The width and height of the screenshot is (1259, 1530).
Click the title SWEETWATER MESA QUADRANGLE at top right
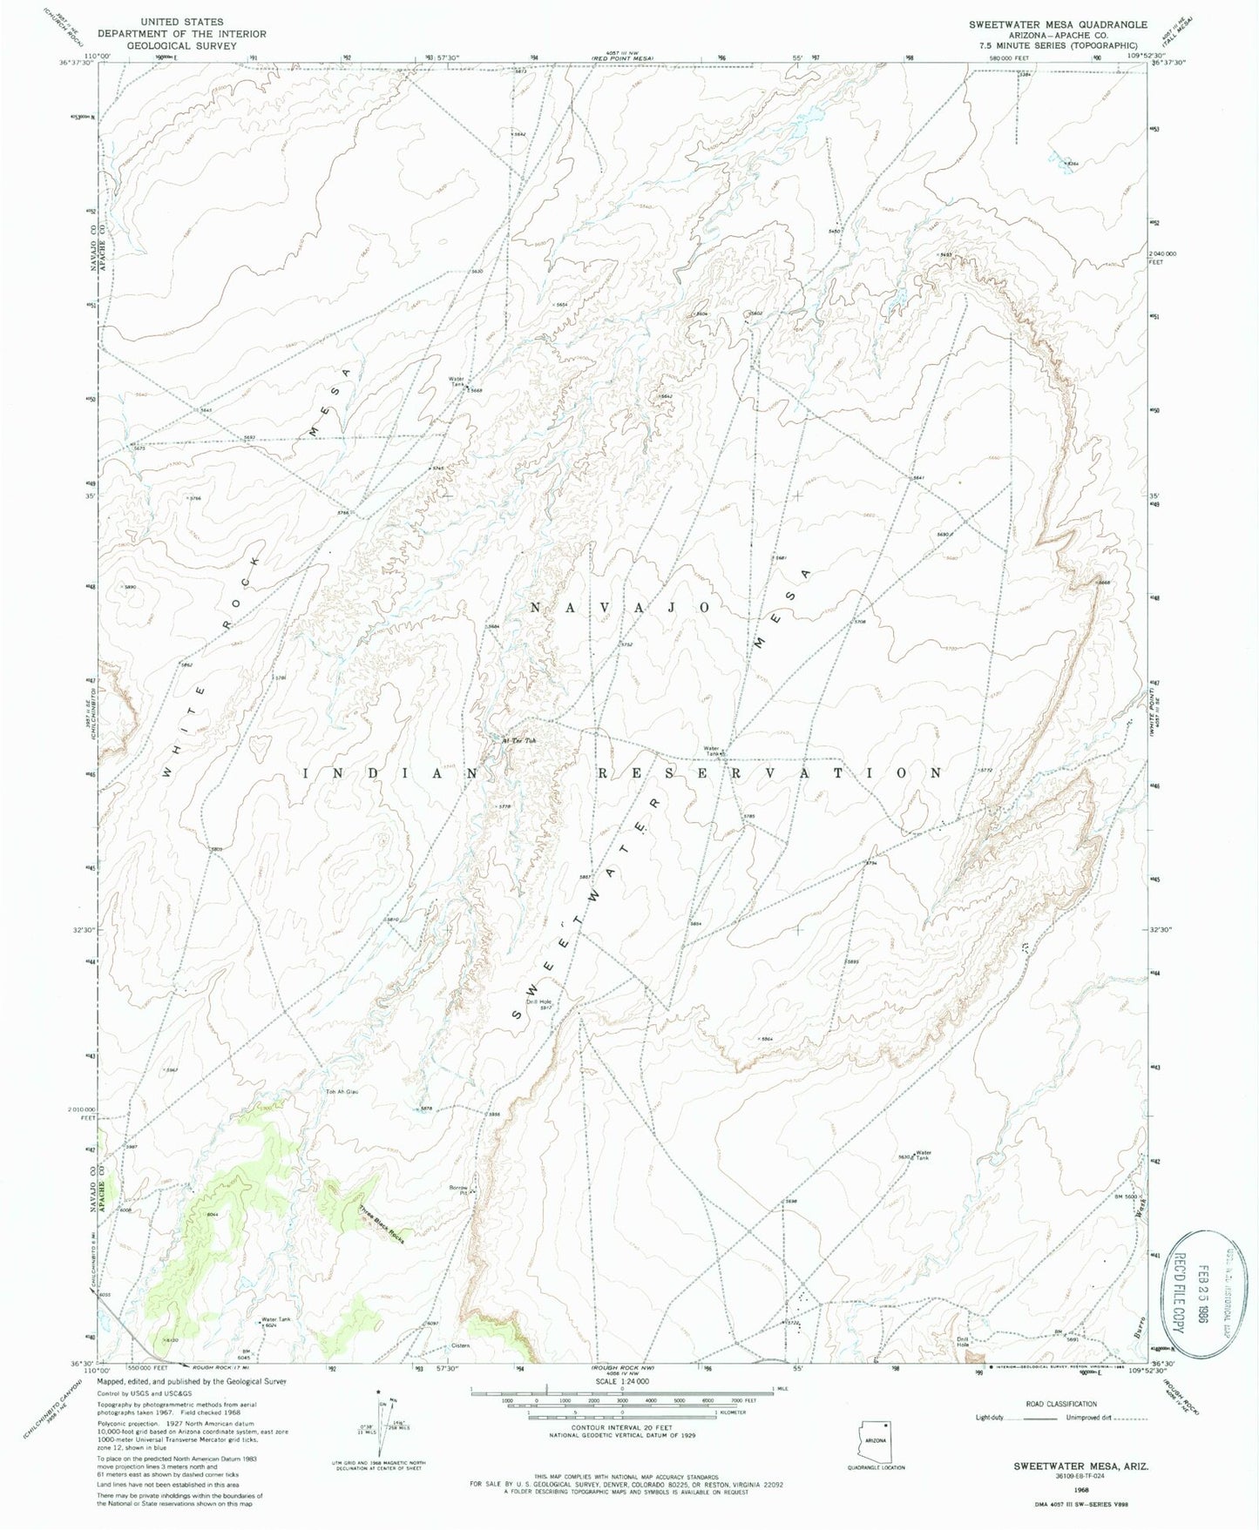1058,24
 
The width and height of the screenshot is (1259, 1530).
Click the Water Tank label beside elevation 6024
275,1319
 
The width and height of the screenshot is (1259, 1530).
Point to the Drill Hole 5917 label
539,1004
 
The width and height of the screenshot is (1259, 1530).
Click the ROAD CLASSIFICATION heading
1060,1404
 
